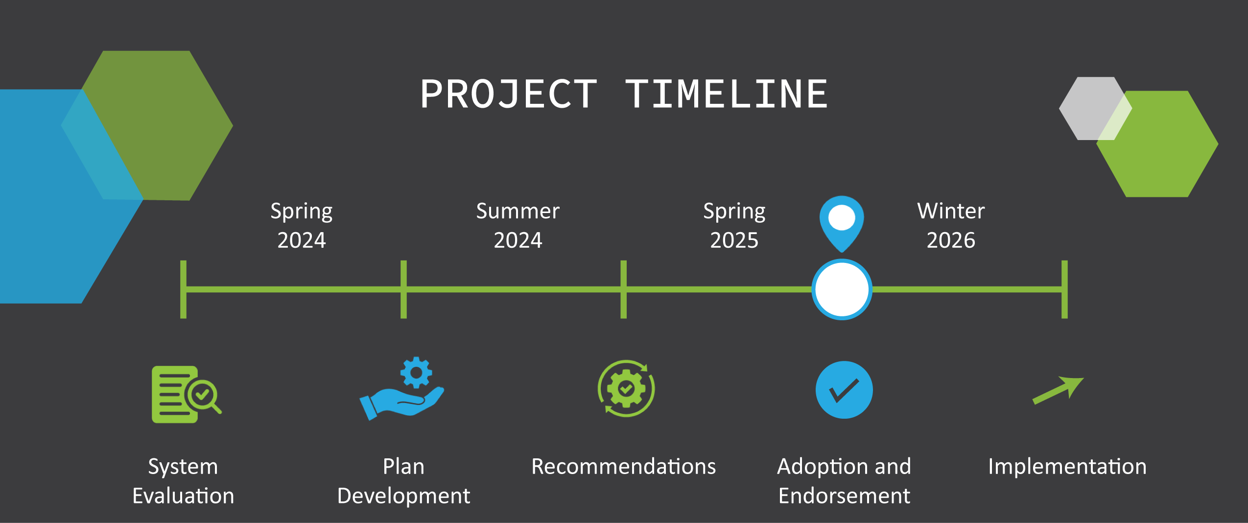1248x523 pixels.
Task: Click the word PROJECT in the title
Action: coord(509,94)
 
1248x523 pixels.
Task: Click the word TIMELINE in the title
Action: coord(727,94)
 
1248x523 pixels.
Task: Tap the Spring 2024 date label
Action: coord(302,226)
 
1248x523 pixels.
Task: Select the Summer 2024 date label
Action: coord(518,226)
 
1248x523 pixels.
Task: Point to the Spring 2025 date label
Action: coord(734,226)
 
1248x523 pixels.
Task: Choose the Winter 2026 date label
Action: coord(951,226)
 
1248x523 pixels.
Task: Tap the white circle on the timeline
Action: coord(842,289)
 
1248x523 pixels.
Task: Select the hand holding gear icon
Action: coord(402,388)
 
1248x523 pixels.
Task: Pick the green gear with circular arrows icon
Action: coord(626,389)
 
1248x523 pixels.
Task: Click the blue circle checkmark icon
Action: coord(844,390)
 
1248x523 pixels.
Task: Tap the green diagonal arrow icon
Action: coord(1058,390)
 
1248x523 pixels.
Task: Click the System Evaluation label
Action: coord(183,481)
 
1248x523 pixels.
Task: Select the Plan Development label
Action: coord(403,481)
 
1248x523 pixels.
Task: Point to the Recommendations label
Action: coord(624,466)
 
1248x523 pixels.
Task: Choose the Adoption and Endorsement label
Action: coord(844,481)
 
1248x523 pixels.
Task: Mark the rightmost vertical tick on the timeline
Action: coord(1064,289)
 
